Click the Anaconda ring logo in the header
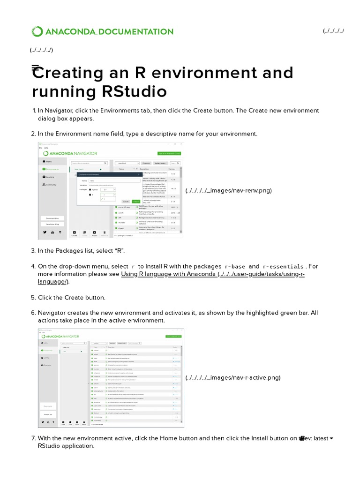[x=37, y=32]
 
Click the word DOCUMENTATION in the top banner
[x=136, y=32]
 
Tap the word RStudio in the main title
[x=134, y=91]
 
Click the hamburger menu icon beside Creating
[x=35, y=68]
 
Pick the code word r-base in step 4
[x=235, y=267]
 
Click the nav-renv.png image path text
[x=228, y=190]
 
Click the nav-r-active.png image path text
[x=232, y=378]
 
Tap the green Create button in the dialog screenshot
[x=135, y=201]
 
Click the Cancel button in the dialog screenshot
[x=126, y=201]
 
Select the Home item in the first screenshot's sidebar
[x=48, y=161]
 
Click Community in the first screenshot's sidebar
[x=51, y=185]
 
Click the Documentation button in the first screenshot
[x=52, y=218]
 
